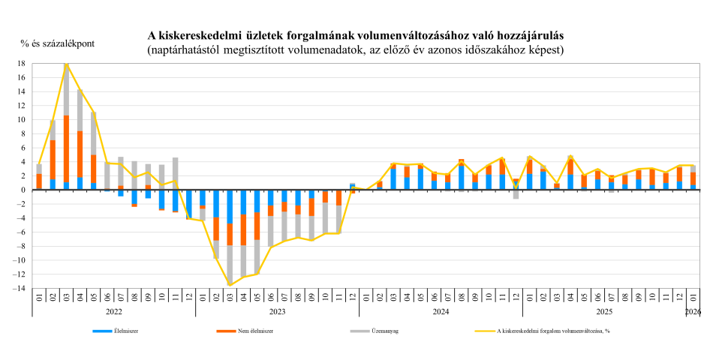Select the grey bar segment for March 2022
66,90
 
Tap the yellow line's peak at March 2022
66,64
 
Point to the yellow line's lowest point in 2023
230,285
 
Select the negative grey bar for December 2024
516,194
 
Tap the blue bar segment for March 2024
393,179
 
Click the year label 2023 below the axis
277,310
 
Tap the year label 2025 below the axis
604,310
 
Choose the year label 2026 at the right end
694,310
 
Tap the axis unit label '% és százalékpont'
58,43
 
